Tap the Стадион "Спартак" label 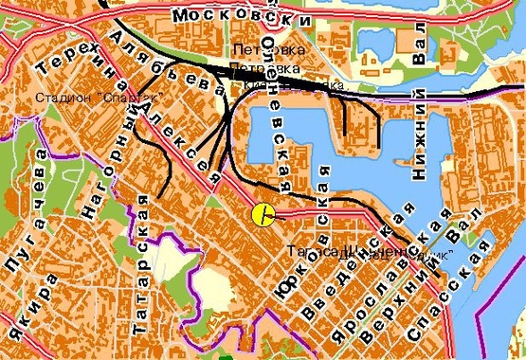point(99,99)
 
